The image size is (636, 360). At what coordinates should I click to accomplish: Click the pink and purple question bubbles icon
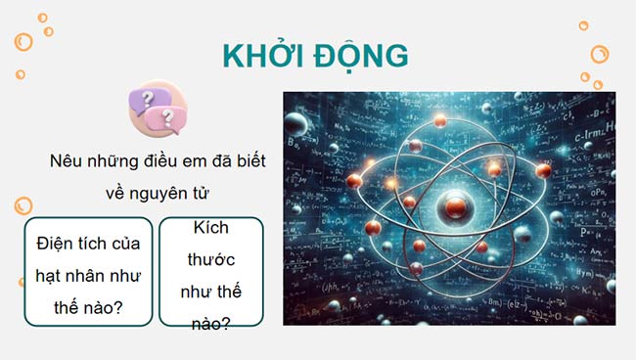point(158,108)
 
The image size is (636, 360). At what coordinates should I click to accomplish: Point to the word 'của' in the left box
point(124,242)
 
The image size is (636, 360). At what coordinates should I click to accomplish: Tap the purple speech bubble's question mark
point(148,100)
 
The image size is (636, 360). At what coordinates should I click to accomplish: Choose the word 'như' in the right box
point(196,292)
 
